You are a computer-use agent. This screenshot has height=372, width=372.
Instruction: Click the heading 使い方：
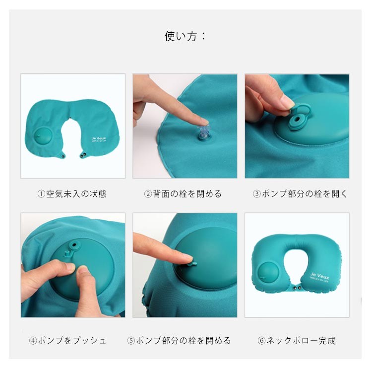(186, 36)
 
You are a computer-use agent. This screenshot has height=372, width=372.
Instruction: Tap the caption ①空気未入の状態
(72, 194)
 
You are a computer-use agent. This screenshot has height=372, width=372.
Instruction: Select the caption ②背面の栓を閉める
(183, 194)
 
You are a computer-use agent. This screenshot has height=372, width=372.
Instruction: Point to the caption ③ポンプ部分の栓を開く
(300, 194)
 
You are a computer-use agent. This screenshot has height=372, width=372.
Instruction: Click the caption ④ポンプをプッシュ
(67, 340)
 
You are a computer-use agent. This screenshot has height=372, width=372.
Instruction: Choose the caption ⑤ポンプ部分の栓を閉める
(179, 340)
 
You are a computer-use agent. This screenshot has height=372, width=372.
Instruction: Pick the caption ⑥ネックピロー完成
(297, 340)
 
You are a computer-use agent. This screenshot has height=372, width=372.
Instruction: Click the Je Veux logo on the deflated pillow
(99, 139)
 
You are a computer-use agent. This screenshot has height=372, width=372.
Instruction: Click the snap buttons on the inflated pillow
(298, 288)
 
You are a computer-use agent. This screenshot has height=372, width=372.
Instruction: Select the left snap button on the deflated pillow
(62, 155)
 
